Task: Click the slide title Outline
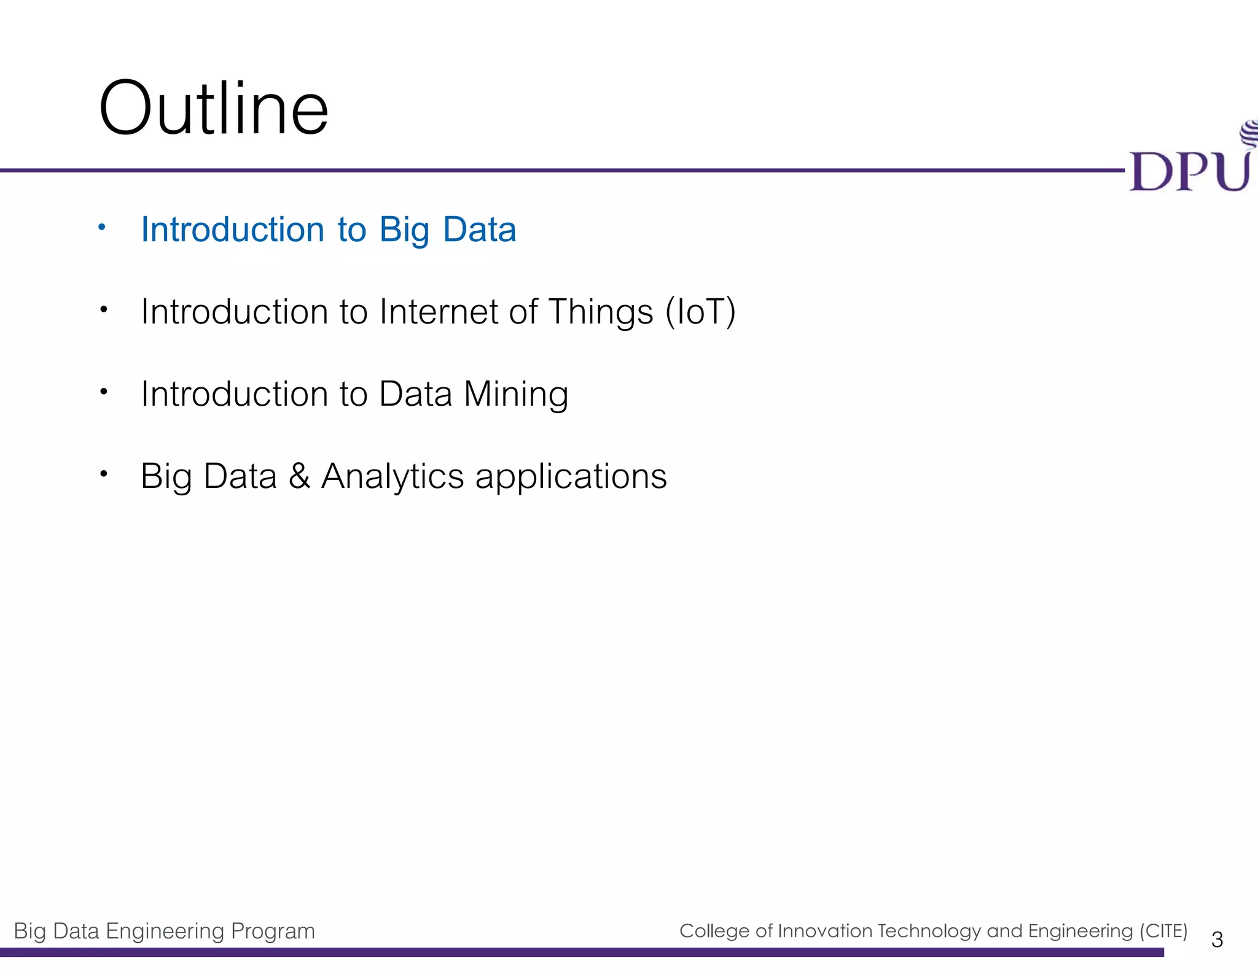click(213, 109)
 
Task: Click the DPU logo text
click(1189, 171)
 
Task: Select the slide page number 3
click(1217, 940)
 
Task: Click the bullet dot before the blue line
click(103, 228)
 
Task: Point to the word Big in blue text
click(404, 231)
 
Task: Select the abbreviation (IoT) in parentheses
click(701, 312)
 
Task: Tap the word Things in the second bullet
click(600, 312)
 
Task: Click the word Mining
click(516, 394)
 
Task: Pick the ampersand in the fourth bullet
click(299, 476)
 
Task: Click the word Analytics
click(392, 477)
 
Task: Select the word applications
click(571, 477)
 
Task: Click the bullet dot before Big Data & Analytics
click(104, 473)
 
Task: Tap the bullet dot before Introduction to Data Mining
click(104, 391)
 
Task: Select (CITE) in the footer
click(1163, 931)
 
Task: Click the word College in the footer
click(714, 931)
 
